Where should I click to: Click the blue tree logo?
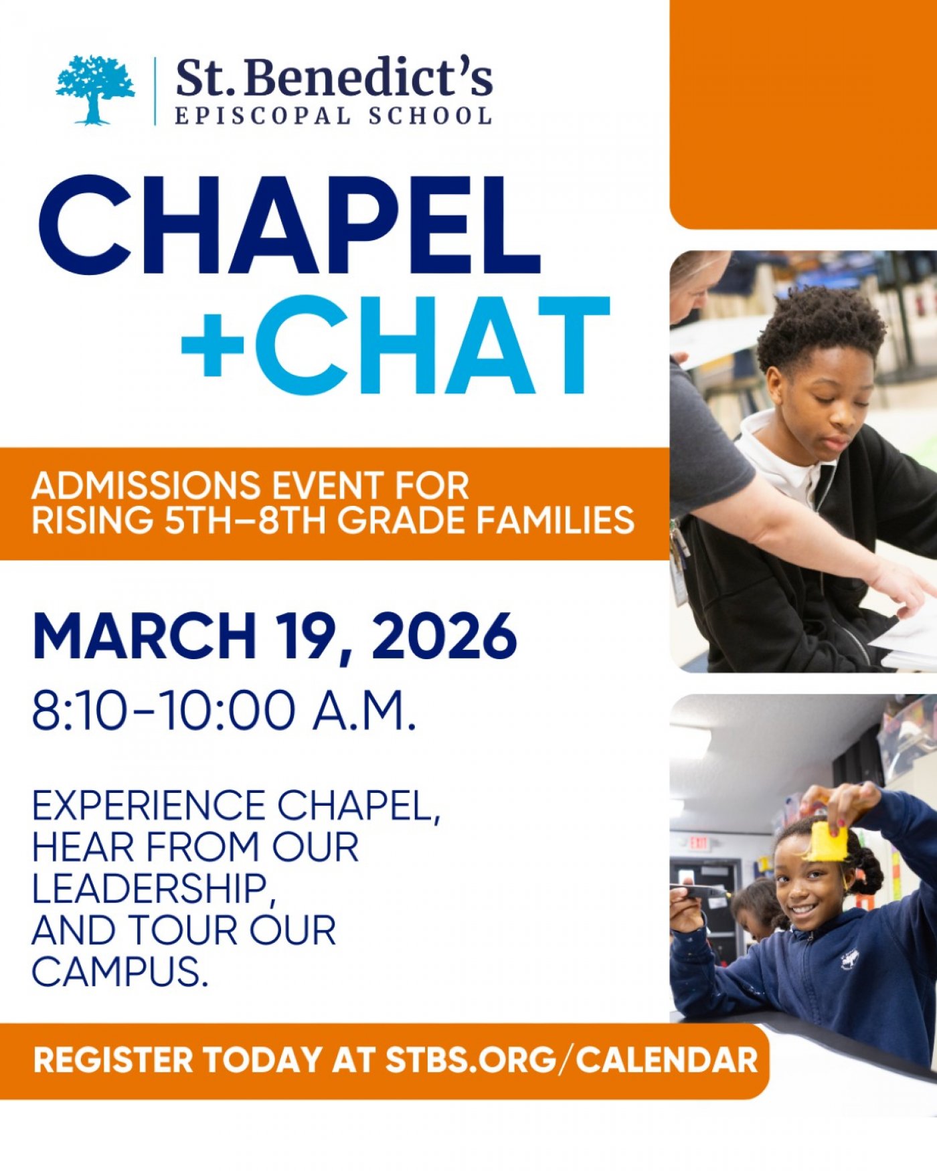(x=94, y=90)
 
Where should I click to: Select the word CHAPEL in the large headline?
(x=289, y=226)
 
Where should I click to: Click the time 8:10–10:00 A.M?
(x=224, y=711)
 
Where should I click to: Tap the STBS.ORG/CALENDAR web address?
(x=572, y=1061)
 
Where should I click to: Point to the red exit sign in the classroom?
(x=699, y=842)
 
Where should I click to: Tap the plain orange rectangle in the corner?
(x=803, y=114)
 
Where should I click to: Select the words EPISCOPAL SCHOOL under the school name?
(x=333, y=116)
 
